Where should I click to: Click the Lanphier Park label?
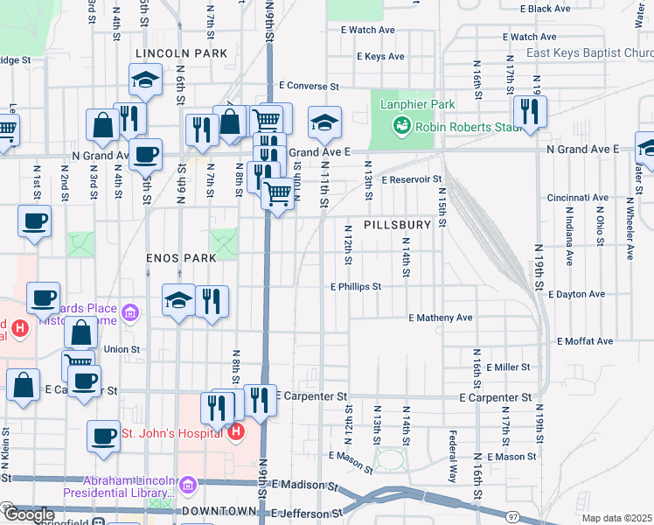[x=417, y=105]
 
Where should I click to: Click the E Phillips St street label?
[x=356, y=286]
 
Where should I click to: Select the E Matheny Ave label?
[x=440, y=318]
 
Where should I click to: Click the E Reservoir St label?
[x=411, y=179]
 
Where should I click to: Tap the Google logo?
[x=28, y=515]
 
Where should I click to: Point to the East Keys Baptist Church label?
[x=589, y=53]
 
